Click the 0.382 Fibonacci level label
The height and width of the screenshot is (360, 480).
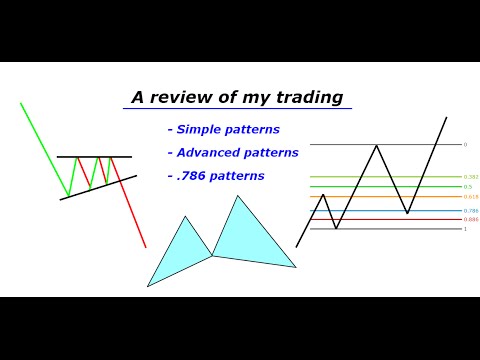click(x=470, y=177)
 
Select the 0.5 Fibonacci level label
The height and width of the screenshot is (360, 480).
click(x=467, y=187)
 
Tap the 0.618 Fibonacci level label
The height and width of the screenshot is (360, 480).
click(x=470, y=197)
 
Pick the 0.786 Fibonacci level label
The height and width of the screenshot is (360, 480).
click(x=470, y=211)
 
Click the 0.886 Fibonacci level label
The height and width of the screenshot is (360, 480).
click(x=470, y=219)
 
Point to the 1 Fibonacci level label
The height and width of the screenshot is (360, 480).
click(x=464, y=229)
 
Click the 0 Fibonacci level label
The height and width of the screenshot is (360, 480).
click(x=465, y=144)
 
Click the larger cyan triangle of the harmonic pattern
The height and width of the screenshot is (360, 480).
click(x=245, y=238)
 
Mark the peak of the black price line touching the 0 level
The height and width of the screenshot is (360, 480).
click(x=376, y=146)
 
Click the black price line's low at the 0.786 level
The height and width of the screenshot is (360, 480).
click(x=407, y=212)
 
